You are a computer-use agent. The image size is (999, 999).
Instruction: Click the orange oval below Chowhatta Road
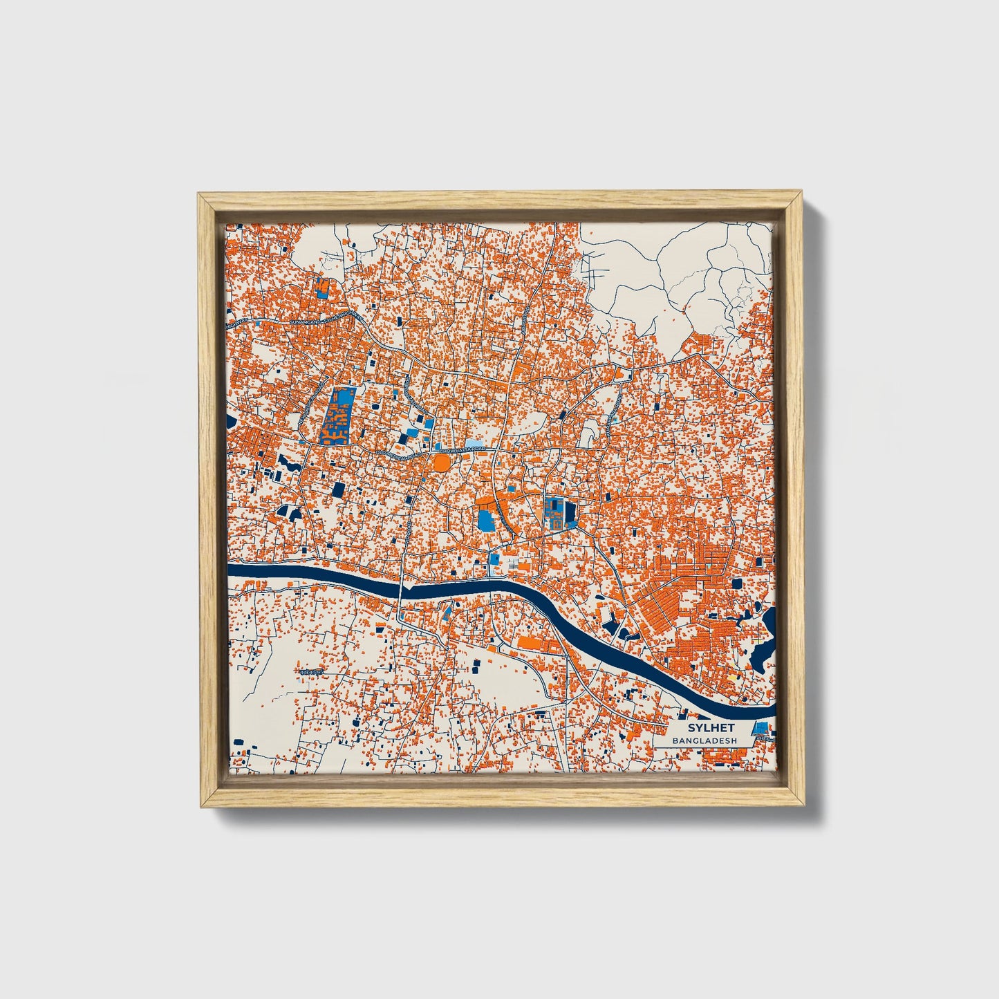[441, 461]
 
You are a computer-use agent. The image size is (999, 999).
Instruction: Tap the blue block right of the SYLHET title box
[760, 727]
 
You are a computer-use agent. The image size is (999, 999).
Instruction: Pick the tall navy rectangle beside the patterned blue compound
[570, 515]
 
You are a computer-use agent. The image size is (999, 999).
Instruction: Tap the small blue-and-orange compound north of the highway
[321, 287]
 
